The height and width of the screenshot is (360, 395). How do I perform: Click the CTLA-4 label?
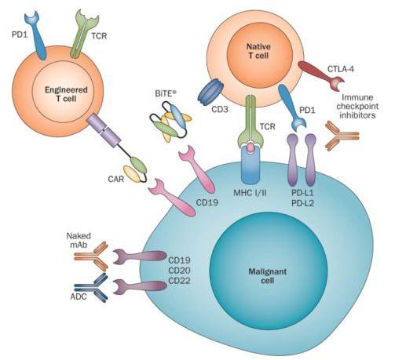(341, 69)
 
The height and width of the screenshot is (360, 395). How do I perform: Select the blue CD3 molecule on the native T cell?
(210, 92)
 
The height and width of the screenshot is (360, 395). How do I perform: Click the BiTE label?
(163, 93)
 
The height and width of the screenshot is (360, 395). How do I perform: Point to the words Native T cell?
(258, 51)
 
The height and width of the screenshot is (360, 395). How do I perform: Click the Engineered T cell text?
(66, 94)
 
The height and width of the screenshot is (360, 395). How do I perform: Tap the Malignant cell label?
(267, 276)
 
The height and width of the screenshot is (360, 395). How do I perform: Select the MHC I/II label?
(250, 193)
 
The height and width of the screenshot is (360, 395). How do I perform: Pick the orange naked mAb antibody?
(91, 256)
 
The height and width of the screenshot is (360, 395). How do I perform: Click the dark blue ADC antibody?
(91, 288)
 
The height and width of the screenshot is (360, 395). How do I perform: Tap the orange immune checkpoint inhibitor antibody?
(342, 136)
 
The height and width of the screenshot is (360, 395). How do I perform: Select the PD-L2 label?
(302, 203)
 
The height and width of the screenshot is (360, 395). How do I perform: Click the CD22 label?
(179, 281)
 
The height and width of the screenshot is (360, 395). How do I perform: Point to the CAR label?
(115, 179)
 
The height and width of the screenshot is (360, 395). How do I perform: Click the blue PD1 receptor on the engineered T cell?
(36, 35)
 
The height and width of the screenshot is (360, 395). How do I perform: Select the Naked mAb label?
(79, 240)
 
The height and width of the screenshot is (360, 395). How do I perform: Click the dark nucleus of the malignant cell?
(269, 270)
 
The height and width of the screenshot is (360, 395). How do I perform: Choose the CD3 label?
(220, 109)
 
